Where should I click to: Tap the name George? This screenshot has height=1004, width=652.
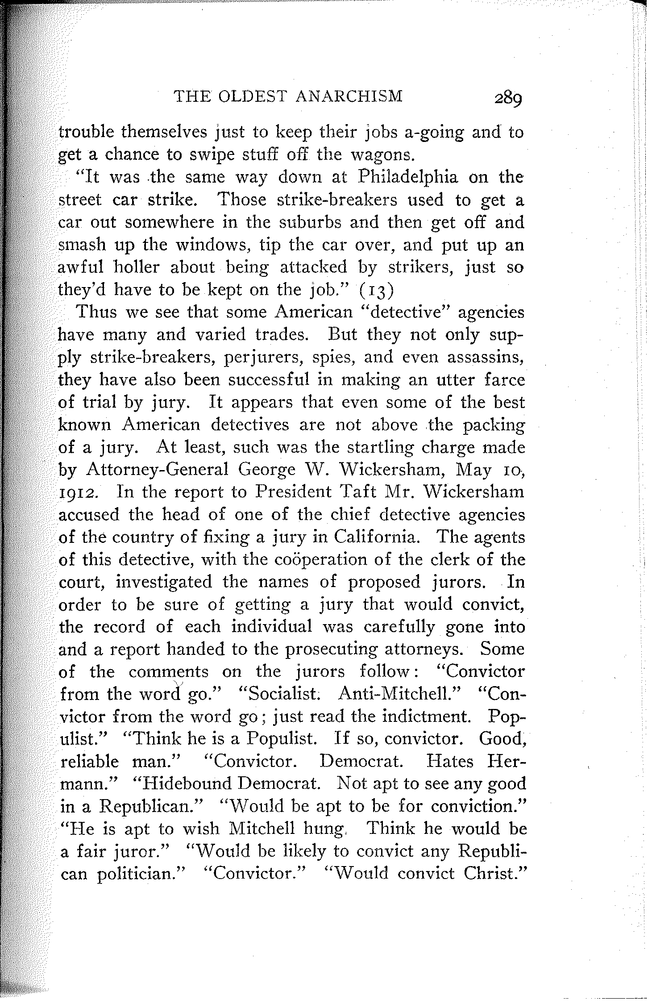click(267, 470)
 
